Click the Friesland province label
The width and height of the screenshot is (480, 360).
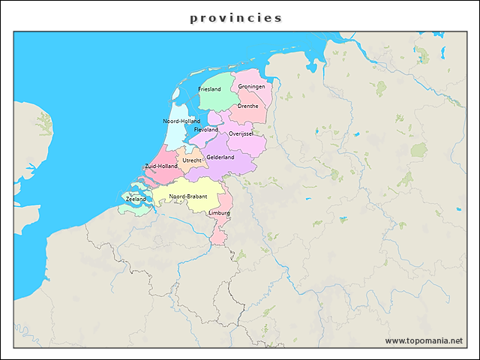pyautogui.click(x=209, y=89)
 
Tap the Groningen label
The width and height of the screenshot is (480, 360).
pyautogui.click(x=251, y=86)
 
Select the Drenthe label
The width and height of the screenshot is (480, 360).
pyautogui.click(x=247, y=106)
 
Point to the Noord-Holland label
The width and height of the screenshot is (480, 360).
pyautogui.click(x=181, y=121)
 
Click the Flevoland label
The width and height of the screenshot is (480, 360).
pyautogui.click(x=206, y=130)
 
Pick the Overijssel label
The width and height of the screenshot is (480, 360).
pyautogui.click(x=241, y=133)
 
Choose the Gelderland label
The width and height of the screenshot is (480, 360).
pyautogui.click(x=220, y=157)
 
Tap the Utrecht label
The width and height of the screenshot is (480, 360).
pyautogui.click(x=192, y=160)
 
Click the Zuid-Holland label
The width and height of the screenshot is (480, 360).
pyautogui.click(x=161, y=166)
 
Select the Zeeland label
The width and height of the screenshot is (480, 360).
pyautogui.click(x=136, y=199)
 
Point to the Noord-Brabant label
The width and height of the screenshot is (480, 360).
pyautogui.click(x=187, y=196)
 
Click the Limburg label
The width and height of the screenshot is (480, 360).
pyautogui.click(x=220, y=213)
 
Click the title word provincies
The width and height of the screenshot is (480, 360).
pyautogui.click(x=235, y=17)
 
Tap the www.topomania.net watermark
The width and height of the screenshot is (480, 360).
pyautogui.click(x=424, y=340)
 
